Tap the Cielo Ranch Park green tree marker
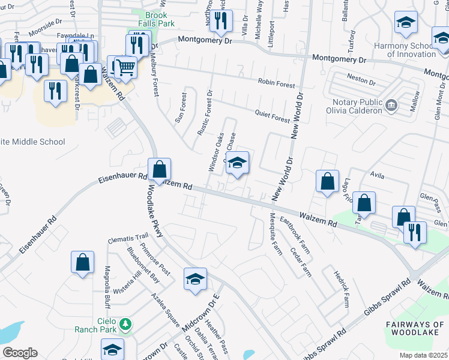125,325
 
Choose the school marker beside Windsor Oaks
238,163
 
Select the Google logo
20,353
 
